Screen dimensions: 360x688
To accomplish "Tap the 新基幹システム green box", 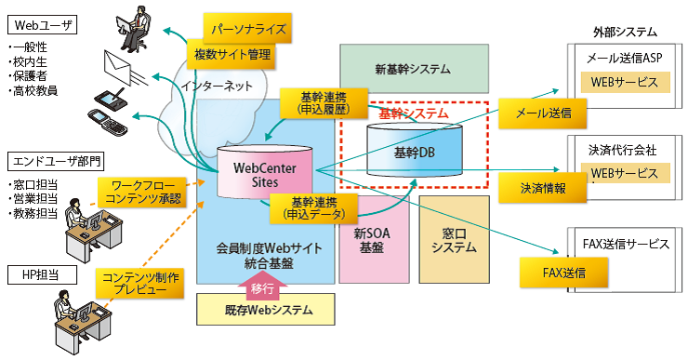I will tap(413, 68).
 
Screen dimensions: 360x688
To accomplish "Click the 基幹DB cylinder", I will tap(414, 150).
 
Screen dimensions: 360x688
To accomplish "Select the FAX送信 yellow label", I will tap(563, 273).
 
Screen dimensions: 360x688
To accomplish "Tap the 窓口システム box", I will tap(454, 240).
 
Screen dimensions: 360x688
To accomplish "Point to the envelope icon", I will tap(119, 64).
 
